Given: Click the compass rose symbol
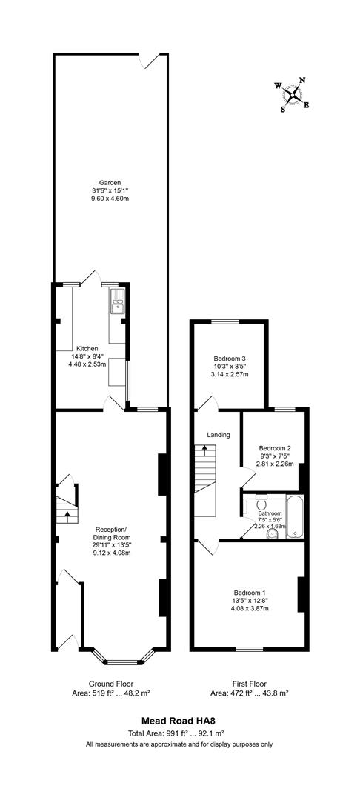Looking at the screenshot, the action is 293,95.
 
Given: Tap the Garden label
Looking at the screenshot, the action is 110,182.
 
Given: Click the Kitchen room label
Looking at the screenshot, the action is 87,348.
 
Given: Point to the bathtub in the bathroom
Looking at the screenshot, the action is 295,516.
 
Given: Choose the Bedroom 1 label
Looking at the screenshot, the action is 250,593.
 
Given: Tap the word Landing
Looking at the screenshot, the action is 219,436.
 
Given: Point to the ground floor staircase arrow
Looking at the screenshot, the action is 67,516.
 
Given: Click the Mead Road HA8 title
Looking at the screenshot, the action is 179,721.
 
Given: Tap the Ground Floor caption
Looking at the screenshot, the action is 110,684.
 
